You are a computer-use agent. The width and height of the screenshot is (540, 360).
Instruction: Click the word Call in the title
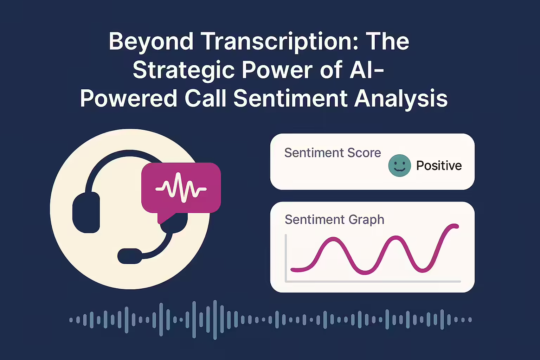coord(205,98)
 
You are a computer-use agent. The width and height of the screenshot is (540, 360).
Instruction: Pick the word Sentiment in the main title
coord(290,98)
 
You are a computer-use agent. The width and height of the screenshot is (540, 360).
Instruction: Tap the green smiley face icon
coord(399,166)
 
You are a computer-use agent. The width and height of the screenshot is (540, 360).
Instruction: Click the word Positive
coord(439,166)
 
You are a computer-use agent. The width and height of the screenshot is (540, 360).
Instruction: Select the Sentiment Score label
coord(333,153)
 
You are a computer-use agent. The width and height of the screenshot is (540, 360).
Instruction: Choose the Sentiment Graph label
coord(334,220)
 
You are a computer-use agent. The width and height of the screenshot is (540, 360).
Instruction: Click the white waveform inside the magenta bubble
coord(181,187)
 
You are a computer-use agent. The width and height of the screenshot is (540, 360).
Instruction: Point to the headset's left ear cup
coord(86,212)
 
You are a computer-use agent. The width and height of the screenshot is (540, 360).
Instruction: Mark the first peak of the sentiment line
coord(333,239)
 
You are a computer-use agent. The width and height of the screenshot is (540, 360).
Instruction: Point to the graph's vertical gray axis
coord(286,258)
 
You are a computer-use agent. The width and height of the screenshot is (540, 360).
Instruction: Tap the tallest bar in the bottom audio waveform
coord(215,320)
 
